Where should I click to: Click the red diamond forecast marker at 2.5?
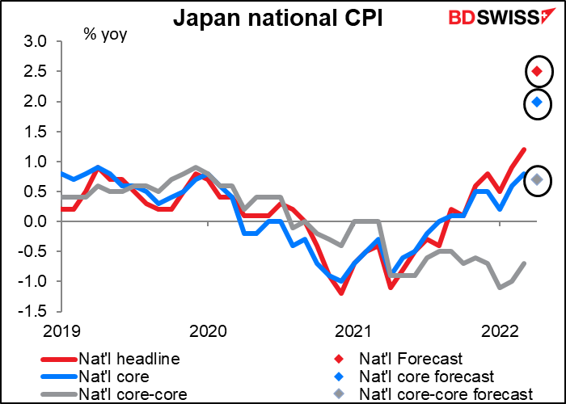pos(537,71)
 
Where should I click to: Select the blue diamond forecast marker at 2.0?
pos(537,102)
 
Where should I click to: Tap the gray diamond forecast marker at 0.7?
pos(537,179)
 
